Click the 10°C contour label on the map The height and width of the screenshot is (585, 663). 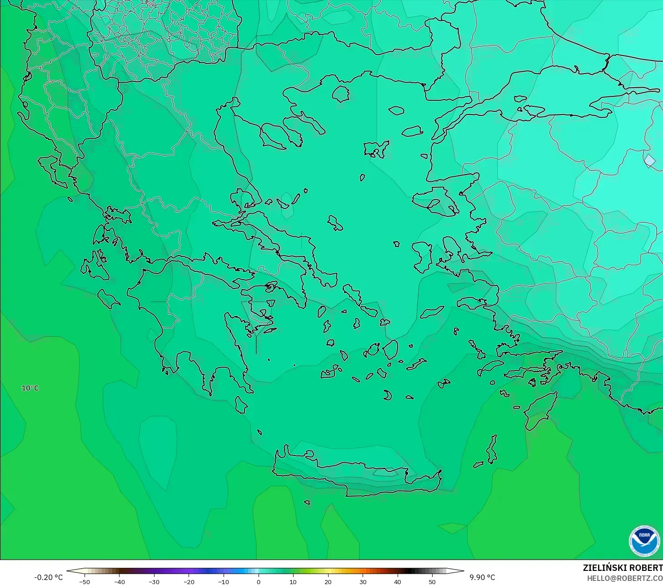point(30,388)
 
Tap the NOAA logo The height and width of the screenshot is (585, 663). point(644,541)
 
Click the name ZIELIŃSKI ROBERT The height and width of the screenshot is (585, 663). point(623,568)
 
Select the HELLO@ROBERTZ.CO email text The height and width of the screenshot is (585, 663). point(624,578)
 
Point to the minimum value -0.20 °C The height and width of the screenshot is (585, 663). point(48,577)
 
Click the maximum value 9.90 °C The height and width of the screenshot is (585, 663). point(482,577)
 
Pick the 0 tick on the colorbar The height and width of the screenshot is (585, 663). point(258,581)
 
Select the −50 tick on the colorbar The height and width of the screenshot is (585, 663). point(84,581)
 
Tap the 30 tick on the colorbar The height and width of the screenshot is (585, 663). point(363,581)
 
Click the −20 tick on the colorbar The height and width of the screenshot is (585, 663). point(189,581)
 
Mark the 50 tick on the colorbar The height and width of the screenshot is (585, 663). point(432,581)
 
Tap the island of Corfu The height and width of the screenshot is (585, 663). point(52,170)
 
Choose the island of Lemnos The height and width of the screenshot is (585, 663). point(375,149)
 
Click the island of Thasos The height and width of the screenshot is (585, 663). point(340,94)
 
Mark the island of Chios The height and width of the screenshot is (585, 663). point(423,257)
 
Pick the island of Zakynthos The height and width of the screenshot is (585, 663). point(108,298)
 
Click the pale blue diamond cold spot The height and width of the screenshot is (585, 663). point(650,160)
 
